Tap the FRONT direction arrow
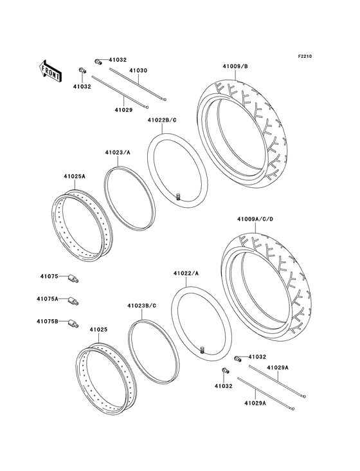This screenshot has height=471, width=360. click(51, 69)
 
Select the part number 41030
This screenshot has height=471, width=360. click(138, 70)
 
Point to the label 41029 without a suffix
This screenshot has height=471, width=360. click(123, 110)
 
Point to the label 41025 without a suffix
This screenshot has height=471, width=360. click(98, 330)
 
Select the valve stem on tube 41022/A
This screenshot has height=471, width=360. click(201, 349)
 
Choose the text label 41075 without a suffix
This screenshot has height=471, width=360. click(46, 277)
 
